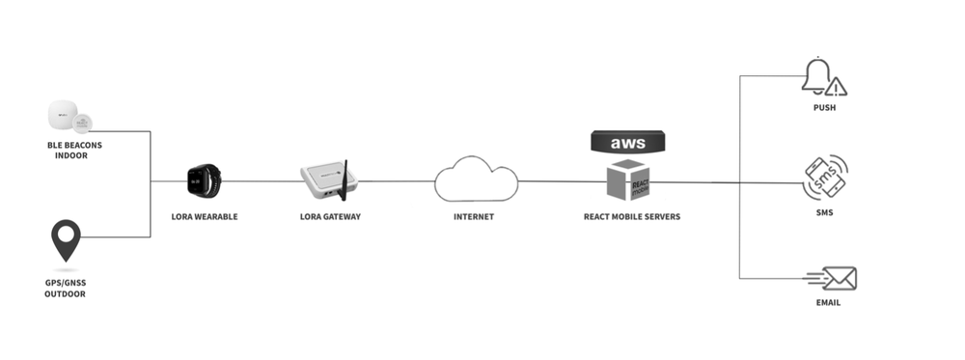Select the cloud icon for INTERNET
(x=475, y=180)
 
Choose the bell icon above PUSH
(x=816, y=76)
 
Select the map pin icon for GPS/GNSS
(x=66, y=240)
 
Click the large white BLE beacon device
(x=62, y=117)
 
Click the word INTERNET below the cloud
(x=474, y=217)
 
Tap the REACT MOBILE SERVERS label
(x=631, y=217)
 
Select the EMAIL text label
(x=827, y=303)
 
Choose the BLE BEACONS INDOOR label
(x=74, y=150)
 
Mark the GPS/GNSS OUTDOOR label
(x=65, y=289)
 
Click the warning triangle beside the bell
(x=837, y=87)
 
